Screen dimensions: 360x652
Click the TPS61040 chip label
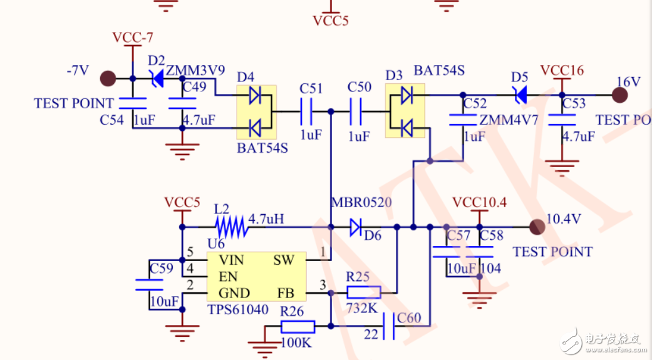(237, 309)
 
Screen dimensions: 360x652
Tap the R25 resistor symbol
(364, 292)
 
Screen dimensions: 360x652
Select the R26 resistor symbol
(298, 326)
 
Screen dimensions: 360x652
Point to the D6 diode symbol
(356, 226)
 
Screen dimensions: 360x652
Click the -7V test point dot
(108, 78)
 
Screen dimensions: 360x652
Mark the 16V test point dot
(619, 95)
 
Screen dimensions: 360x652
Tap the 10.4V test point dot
(536, 226)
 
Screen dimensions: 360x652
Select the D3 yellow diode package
(406, 112)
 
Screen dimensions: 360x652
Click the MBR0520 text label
(361, 202)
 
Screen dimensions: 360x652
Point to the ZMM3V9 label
(195, 70)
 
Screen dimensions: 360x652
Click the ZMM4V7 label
(509, 120)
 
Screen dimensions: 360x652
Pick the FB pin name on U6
(286, 293)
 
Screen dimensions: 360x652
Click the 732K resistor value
(362, 309)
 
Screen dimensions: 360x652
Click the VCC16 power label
(562, 70)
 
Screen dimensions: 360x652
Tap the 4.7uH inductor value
(266, 219)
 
